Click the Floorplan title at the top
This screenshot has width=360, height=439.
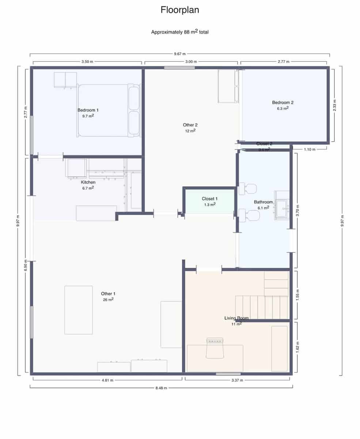point(180,10)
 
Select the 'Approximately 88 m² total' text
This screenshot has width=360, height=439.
point(180,32)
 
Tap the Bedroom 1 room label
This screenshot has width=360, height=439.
point(88,110)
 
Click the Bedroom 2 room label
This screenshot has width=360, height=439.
point(283,102)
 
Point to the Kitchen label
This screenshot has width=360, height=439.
point(88,182)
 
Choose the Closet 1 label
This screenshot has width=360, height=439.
point(209,199)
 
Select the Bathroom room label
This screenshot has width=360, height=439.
point(263,202)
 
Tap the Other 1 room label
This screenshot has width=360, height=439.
point(108,294)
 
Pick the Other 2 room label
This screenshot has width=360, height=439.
point(190,125)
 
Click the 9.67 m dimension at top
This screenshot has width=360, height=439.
point(180,54)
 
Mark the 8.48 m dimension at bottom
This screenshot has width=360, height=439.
point(161,388)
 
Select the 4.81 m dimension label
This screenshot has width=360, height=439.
point(107,380)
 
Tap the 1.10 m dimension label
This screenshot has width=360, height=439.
point(309,149)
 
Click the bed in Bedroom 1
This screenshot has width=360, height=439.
point(109,110)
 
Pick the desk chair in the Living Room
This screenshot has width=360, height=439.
point(215,348)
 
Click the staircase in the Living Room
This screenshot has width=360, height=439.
point(262,307)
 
